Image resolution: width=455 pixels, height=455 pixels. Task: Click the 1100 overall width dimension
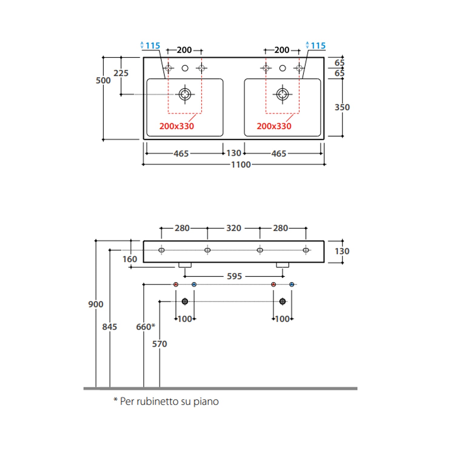(241, 165)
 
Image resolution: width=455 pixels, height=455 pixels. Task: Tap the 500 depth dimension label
(103, 80)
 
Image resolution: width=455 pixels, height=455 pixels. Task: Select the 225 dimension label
(121, 73)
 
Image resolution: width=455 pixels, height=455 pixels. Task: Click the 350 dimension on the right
(342, 107)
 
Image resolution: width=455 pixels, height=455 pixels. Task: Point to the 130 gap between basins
(234, 153)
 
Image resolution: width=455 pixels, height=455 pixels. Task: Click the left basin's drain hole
(185, 94)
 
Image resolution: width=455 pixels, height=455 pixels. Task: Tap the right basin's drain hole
(282, 94)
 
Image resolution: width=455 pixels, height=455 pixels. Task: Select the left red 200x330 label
(177, 126)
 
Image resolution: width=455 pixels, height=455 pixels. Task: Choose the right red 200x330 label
(274, 126)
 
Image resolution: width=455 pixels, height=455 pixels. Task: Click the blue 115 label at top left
(153, 46)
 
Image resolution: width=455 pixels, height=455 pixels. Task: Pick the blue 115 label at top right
(318, 46)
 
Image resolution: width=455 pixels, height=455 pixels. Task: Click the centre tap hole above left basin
(185, 68)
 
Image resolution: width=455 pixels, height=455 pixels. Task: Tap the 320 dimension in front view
(234, 228)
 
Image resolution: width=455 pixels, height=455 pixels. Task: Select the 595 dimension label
(234, 276)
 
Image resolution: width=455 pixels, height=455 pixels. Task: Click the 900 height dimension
(96, 304)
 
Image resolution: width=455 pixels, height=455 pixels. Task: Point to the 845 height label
(110, 327)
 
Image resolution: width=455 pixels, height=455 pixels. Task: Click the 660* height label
(145, 327)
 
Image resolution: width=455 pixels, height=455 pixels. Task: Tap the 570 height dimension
(160, 344)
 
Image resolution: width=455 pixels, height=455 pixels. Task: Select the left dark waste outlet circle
(185, 302)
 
